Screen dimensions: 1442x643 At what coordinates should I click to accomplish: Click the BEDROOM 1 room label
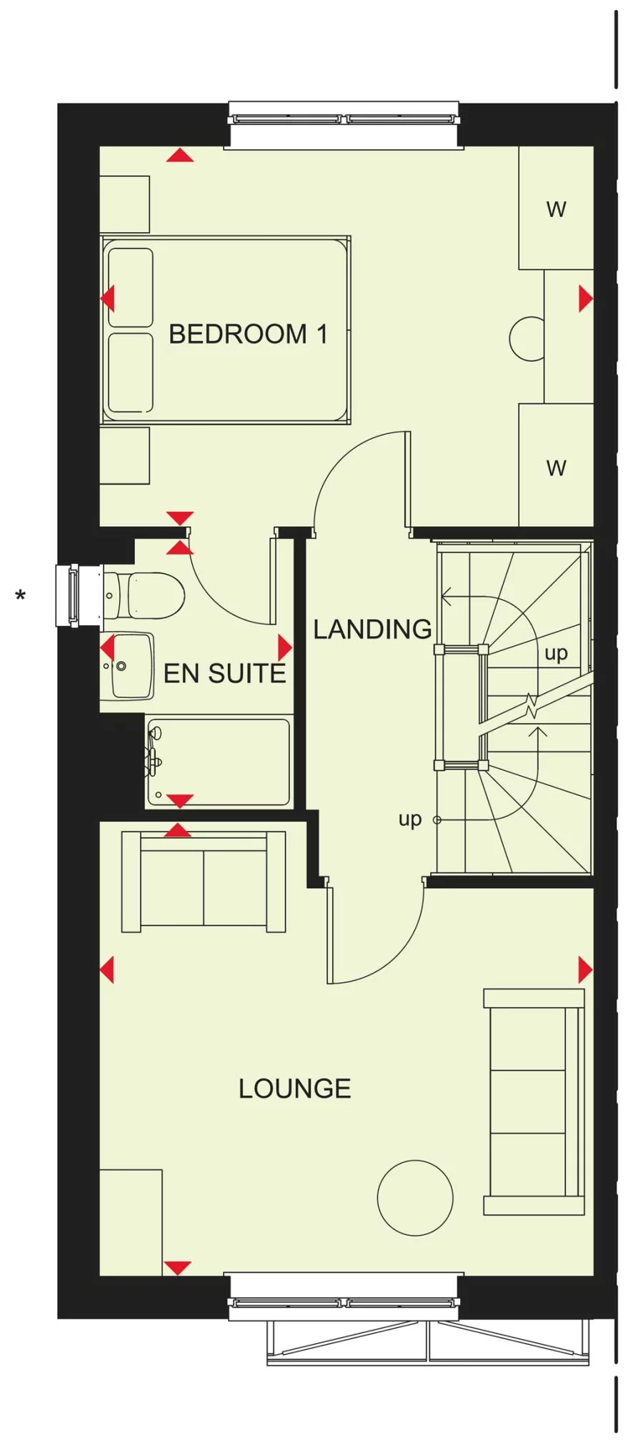click(x=247, y=334)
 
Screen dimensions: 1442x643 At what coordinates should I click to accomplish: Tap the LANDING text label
click(x=372, y=630)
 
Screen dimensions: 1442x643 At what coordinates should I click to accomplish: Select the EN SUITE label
click(x=224, y=674)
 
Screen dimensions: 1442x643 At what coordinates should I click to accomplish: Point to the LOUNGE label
click(x=294, y=1089)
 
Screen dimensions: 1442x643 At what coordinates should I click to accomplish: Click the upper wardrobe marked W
click(x=556, y=209)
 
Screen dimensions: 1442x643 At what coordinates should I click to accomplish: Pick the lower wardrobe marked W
click(x=556, y=468)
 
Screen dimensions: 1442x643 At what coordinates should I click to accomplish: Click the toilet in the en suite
click(x=146, y=595)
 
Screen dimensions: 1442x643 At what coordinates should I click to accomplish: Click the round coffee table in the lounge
click(x=414, y=1198)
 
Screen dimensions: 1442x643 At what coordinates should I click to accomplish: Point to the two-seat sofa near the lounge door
click(x=204, y=882)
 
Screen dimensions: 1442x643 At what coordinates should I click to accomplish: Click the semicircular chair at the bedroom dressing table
click(x=527, y=338)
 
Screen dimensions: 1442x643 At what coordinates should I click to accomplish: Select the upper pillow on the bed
click(x=131, y=287)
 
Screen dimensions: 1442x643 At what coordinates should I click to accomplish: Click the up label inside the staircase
click(x=556, y=653)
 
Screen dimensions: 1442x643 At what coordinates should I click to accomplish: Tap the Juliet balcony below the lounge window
click(x=428, y=1342)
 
